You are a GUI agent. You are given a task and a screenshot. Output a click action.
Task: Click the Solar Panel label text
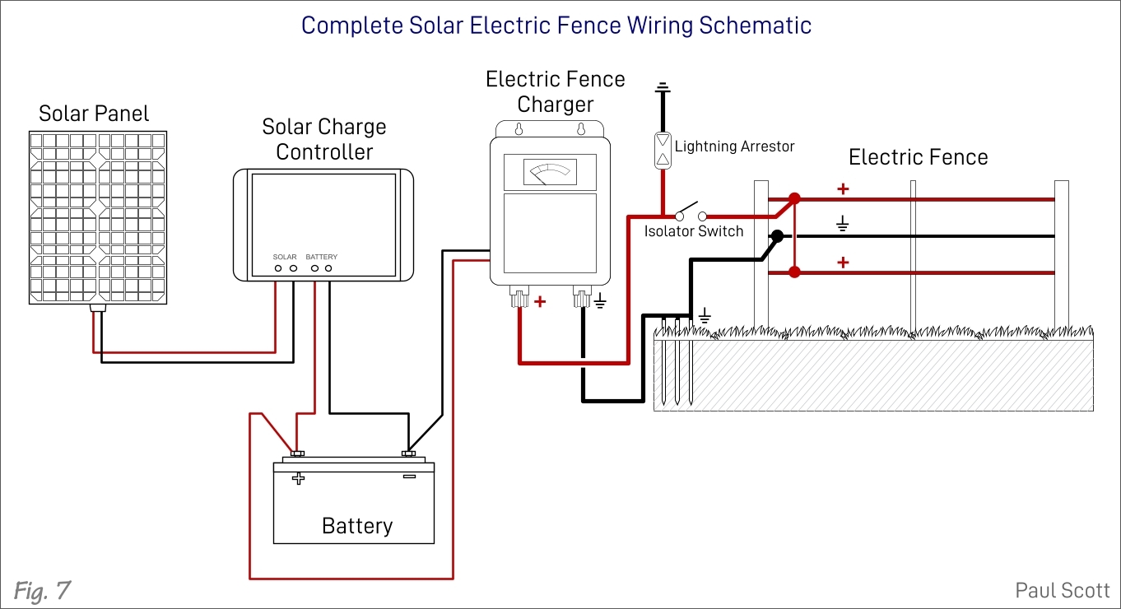[x=94, y=114]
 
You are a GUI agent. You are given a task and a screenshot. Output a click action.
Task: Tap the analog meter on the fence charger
[x=550, y=172]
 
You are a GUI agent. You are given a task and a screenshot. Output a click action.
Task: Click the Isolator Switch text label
[x=693, y=231]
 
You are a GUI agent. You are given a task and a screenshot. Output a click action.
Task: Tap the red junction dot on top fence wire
[x=794, y=198]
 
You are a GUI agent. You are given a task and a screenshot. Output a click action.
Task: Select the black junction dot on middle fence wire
[x=775, y=236]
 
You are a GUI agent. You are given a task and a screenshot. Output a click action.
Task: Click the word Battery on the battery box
[x=356, y=525]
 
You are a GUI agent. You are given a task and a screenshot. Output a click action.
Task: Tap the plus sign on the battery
[x=298, y=478]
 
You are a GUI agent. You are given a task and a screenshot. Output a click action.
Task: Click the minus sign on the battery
[x=408, y=477]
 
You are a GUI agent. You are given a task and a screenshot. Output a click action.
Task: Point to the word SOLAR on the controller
[x=285, y=257]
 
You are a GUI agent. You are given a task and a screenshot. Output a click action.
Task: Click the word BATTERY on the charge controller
[x=322, y=257]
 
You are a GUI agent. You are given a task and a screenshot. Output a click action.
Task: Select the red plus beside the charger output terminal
[x=540, y=302]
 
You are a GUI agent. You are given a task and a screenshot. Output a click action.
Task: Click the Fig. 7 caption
[x=41, y=589]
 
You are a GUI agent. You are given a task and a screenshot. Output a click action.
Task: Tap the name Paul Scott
[x=1062, y=590]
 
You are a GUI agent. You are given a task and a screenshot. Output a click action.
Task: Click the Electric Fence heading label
[x=918, y=157]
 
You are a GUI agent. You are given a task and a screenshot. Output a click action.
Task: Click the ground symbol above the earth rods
[x=705, y=315]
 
